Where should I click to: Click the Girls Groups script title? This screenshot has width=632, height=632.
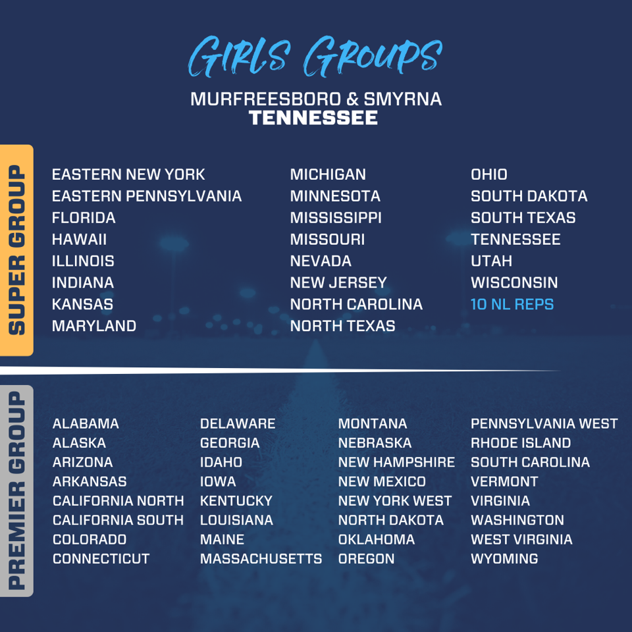(315, 58)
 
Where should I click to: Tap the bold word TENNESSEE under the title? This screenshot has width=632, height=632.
(313, 118)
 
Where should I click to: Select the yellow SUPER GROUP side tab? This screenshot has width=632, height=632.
(16, 250)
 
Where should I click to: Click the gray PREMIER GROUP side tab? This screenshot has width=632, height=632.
(16, 490)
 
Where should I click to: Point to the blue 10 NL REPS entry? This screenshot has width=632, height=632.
(512, 304)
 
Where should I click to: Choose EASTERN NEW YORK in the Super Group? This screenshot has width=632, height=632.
(128, 174)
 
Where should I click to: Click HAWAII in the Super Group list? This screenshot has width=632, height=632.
(79, 239)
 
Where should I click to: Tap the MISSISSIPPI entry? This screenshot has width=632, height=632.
(336, 217)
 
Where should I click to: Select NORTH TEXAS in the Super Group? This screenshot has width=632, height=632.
(342, 326)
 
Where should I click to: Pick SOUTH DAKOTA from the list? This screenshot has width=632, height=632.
(529, 196)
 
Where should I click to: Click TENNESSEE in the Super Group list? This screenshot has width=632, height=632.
(515, 239)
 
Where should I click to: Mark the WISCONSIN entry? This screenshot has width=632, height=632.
(514, 282)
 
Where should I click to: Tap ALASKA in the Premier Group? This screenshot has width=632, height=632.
(79, 443)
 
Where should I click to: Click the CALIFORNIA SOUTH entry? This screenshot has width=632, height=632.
(118, 520)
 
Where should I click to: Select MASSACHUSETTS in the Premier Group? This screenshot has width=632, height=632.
(261, 559)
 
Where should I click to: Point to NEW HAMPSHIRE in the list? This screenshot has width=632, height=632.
(396, 462)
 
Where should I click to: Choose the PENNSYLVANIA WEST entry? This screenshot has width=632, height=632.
(544, 424)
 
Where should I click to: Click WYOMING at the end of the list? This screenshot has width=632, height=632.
(504, 559)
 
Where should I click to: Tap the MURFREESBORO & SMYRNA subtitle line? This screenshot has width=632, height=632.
(316, 99)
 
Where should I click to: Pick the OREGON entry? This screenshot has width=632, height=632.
(366, 559)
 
